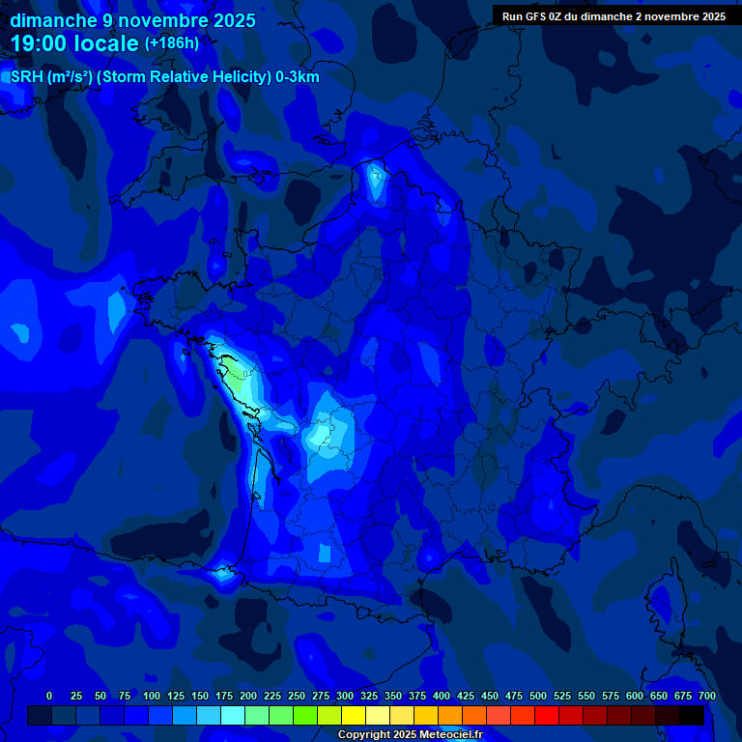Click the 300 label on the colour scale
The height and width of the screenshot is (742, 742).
click(x=345, y=696)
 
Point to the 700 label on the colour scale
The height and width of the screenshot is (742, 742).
click(x=706, y=696)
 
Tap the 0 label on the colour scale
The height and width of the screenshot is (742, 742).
click(x=49, y=696)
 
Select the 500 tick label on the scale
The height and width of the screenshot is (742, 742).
click(x=538, y=696)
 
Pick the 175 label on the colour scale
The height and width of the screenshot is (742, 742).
click(x=224, y=696)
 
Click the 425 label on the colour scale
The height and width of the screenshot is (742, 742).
click(x=466, y=696)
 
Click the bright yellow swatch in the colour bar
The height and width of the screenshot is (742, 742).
click(x=354, y=715)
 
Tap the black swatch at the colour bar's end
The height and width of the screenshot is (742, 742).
click(x=692, y=715)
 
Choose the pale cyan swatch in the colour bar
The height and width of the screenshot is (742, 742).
click(x=233, y=715)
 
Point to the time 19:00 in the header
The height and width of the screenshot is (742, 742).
click(x=44, y=43)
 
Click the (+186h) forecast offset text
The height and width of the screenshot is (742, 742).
click(x=172, y=43)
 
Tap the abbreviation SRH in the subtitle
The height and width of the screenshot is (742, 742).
click(x=27, y=77)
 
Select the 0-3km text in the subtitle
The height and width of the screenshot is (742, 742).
click(x=297, y=77)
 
